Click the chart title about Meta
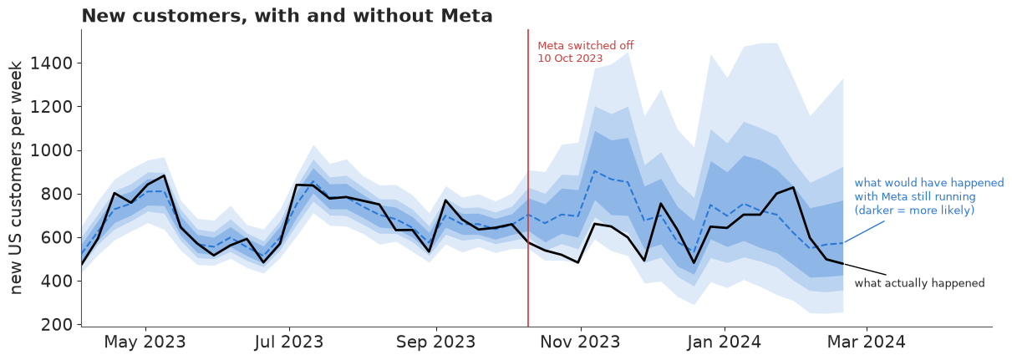287,16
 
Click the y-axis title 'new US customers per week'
15,178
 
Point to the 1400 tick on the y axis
52,63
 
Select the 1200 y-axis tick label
52,107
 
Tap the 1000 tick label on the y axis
52,150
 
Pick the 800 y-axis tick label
57,195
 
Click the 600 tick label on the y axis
57,237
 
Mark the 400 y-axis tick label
57,281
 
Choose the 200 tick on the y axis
57,325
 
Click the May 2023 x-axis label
145,342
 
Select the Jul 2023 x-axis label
289,342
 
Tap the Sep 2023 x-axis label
436,342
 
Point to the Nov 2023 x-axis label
581,342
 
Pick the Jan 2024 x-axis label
725,342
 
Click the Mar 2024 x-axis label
867,342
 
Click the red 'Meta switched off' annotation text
586,52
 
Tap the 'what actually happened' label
919,283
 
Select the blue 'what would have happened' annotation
929,196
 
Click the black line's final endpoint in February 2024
843,264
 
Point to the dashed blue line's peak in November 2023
596,171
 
